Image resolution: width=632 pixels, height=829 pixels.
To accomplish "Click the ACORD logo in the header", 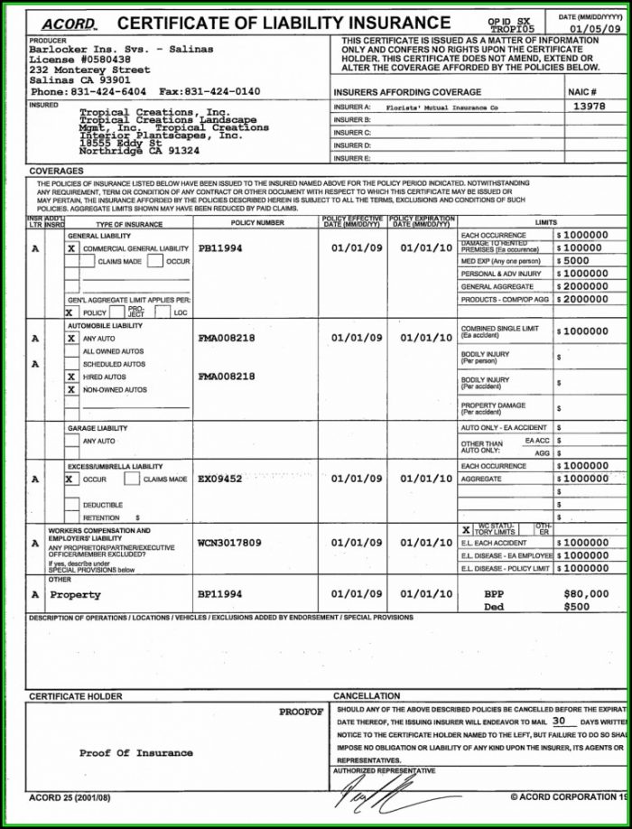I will pos(69,23).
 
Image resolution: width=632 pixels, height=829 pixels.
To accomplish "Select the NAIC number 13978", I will pos(588,106).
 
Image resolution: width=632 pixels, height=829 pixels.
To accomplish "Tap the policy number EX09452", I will pos(220,479).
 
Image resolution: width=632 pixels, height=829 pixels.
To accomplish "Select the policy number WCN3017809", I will pos(229,543).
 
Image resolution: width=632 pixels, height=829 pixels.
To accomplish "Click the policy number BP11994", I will pos(220,595).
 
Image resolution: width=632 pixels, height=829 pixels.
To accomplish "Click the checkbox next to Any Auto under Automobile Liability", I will pos(71,338).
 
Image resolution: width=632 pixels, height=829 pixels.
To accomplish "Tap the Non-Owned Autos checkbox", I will pos(71,389).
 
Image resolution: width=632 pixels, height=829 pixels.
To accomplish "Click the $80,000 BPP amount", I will pos(585,594).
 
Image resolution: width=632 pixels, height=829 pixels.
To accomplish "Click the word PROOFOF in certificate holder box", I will pos(300,713).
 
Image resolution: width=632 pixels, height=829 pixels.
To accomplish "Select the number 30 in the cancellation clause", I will pos(560,722).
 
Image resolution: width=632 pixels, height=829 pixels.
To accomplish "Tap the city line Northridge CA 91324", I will pos(126,151).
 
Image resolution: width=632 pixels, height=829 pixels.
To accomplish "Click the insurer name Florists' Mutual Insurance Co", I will pos(441,107).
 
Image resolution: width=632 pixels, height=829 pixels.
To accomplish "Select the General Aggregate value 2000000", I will pos(586,285).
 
